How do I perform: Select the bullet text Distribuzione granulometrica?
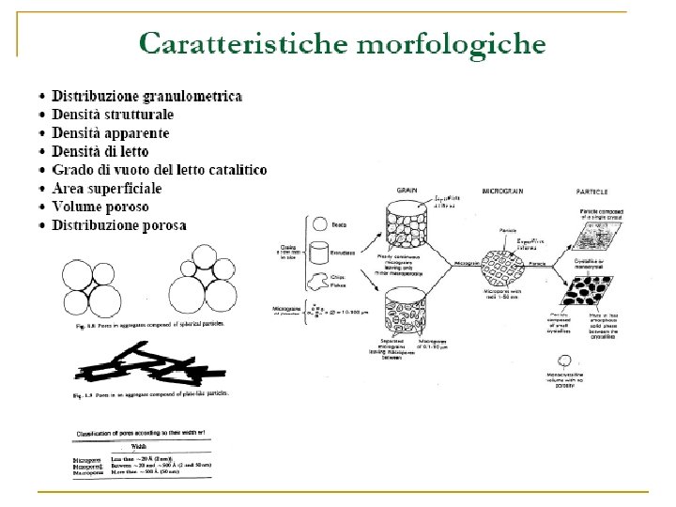(147, 97)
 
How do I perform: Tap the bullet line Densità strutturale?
(113, 115)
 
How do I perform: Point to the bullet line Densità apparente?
(111, 133)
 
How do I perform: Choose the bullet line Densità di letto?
(100, 151)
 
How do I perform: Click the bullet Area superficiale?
(106, 189)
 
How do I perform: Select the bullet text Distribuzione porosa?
(119, 225)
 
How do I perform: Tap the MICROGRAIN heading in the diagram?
(502, 191)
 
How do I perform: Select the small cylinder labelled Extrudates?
(319, 253)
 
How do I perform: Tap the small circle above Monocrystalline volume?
(591, 361)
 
